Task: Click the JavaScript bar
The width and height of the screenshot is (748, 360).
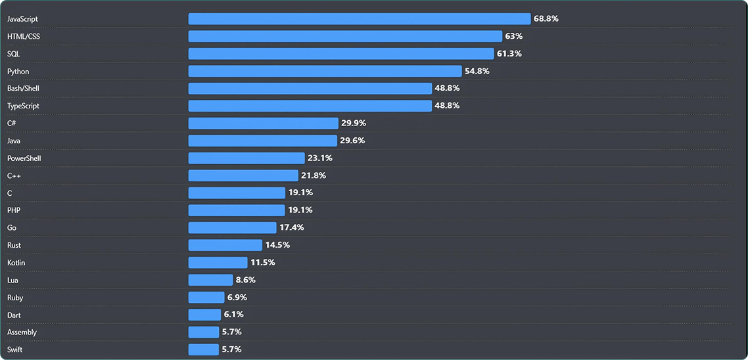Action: [359, 18]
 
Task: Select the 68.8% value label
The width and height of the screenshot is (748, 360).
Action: [546, 18]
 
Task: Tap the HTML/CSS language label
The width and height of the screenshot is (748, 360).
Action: [24, 36]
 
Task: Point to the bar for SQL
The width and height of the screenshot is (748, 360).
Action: [340, 53]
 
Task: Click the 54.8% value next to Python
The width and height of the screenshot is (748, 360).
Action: [477, 71]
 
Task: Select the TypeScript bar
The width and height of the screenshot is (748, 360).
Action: [310, 106]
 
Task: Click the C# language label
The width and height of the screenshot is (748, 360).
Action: [12, 123]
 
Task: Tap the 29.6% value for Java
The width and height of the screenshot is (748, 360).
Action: [352, 141]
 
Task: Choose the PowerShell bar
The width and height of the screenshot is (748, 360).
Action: [246, 158]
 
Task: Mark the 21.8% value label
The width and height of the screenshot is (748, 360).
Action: [314, 175]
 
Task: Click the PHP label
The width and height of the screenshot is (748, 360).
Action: [14, 210]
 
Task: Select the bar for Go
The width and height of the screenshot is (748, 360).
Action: [232, 227]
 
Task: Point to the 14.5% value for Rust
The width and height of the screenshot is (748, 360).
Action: [277, 245]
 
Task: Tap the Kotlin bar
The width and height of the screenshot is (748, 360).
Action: [218, 262]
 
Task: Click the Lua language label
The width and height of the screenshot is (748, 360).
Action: [13, 280]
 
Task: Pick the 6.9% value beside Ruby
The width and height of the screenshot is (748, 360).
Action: [237, 297]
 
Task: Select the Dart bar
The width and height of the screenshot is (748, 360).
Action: [204, 315]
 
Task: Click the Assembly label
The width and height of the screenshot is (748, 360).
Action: [22, 332]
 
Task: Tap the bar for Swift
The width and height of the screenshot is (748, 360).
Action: [203, 349]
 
